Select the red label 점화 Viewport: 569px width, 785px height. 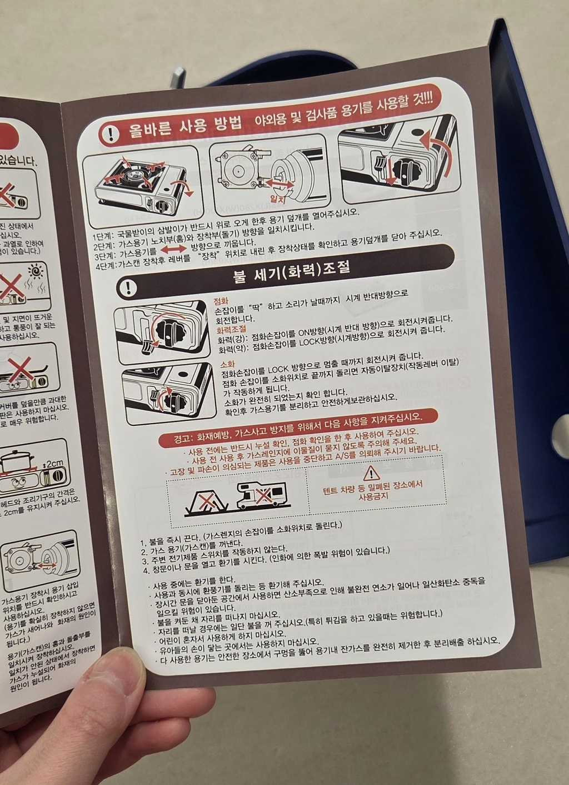point(221,301)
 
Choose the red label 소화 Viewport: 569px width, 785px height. point(228,364)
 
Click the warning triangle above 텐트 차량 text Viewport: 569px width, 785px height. point(371,473)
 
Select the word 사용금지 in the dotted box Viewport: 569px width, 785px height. point(373,495)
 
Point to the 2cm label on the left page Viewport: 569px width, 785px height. point(54,463)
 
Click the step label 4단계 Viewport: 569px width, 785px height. point(105,265)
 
